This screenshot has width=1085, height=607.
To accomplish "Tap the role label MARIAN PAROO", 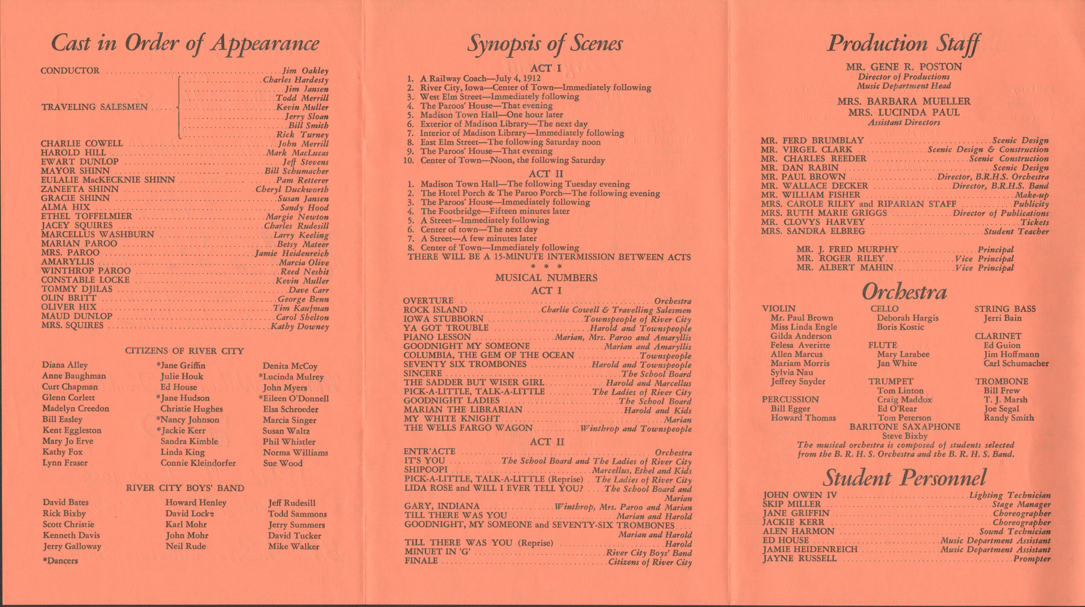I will [x=79, y=244].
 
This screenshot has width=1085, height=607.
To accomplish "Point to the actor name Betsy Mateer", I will [x=302, y=244].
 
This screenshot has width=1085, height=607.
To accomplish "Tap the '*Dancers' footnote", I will [x=60, y=561].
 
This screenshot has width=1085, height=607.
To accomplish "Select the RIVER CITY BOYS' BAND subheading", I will [x=185, y=488].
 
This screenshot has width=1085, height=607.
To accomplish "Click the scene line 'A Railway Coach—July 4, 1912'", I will [x=480, y=78].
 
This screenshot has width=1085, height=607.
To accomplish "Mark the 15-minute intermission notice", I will [x=549, y=257].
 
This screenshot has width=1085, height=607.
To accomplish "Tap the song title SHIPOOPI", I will [x=425, y=470].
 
